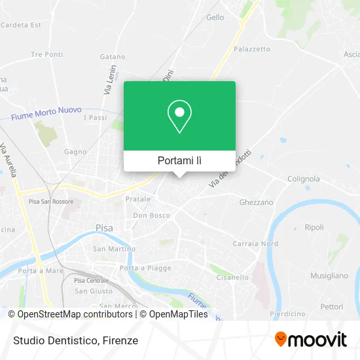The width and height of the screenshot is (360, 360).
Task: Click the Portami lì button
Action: point(179,160)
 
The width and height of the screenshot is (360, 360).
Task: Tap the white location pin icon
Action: point(179,117)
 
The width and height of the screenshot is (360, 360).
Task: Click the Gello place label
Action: point(215,18)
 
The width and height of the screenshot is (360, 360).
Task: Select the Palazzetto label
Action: point(252,49)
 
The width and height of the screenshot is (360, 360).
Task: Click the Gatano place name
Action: point(113,57)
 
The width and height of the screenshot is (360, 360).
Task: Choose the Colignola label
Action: point(304,179)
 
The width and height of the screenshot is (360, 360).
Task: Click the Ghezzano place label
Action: point(256,202)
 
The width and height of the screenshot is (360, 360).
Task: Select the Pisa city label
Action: point(103,228)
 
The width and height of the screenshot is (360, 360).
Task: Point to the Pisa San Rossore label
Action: point(51,202)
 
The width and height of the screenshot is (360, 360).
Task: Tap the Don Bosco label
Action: point(151,215)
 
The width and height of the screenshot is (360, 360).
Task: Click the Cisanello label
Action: point(232,277)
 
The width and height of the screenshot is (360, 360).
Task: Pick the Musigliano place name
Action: point(329,276)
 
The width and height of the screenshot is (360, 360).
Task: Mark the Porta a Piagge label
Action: point(145,268)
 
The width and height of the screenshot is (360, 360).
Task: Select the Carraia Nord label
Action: point(255,243)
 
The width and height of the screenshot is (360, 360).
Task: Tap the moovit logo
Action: point(311,340)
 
